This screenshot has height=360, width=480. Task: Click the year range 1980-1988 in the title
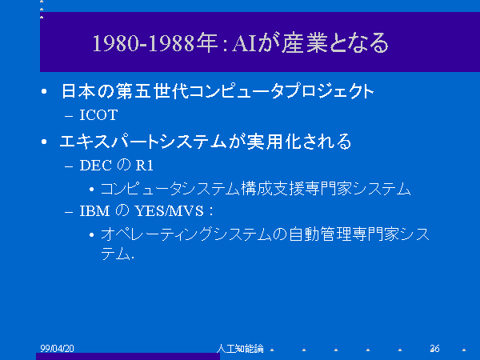(144, 43)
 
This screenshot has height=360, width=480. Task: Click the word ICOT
(98, 115)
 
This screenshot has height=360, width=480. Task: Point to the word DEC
(95, 166)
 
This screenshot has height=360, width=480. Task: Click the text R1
(144, 166)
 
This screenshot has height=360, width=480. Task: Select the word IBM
(94, 211)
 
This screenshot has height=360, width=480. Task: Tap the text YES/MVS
(170, 211)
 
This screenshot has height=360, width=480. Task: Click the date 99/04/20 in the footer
(58, 348)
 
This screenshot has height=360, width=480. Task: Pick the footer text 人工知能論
(240, 348)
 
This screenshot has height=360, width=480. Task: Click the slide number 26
(434, 348)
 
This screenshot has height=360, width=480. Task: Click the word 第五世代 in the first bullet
(152, 91)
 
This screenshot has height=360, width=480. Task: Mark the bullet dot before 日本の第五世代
(44, 91)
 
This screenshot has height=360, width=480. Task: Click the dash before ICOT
(69, 116)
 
